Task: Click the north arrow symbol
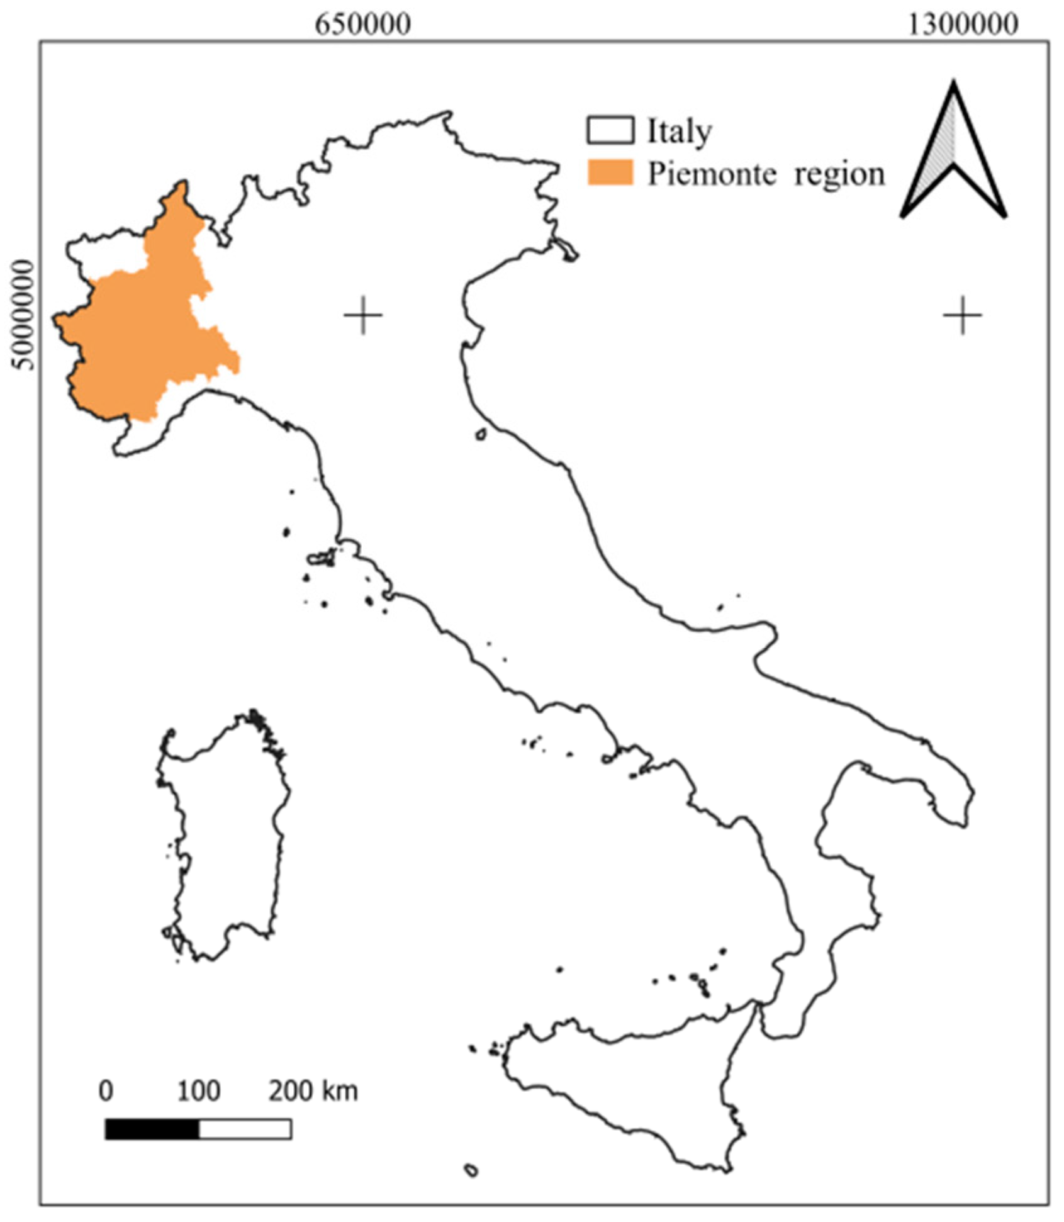tap(954, 157)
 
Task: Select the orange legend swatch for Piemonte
tap(610, 173)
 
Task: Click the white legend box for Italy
tap(610, 130)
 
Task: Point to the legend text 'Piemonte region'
tap(766, 174)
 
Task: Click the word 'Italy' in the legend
tap(680, 132)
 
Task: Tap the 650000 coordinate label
tap(363, 25)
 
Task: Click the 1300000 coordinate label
tap(963, 25)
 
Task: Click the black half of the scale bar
tap(152, 1129)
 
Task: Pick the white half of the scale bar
tap(245, 1129)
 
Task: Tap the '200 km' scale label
tap(313, 1091)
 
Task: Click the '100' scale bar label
tap(198, 1091)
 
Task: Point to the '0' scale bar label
tap(106, 1091)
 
